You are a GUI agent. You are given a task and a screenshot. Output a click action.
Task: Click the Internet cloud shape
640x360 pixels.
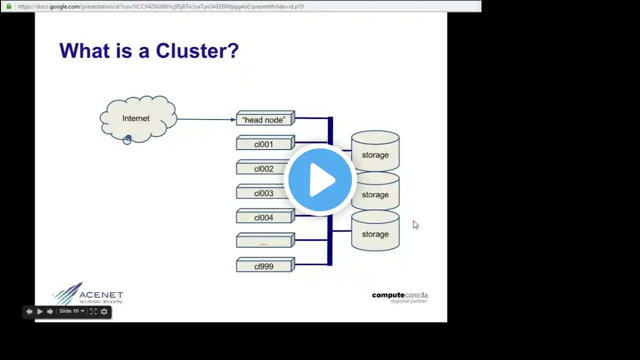click(x=137, y=119)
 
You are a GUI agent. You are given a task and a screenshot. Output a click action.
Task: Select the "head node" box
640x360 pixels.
click(x=264, y=120)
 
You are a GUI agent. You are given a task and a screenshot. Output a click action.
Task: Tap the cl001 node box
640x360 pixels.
click(x=264, y=144)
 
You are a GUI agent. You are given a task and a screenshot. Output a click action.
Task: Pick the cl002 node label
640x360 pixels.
click(x=263, y=169)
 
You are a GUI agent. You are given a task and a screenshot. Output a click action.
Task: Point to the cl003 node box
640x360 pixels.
click(x=263, y=193)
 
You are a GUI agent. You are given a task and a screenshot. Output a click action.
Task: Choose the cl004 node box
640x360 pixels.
click(x=263, y=217)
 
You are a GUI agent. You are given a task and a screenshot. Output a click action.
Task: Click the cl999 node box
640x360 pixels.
click(x=264, y=266)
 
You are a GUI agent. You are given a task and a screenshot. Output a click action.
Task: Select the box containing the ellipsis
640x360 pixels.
click(x=264, y=242)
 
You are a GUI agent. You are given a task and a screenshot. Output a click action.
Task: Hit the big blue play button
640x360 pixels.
click(x=320, y=180)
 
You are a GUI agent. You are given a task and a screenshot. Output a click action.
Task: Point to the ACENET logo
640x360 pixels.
click(x=88, y=294)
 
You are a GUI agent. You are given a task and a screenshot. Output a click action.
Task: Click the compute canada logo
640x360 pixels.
click(x=399, y=297)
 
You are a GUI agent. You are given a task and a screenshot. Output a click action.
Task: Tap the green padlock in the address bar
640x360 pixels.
click(x=8, y=6)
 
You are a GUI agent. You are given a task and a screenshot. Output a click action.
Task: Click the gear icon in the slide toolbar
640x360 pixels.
click(x=104, y=311)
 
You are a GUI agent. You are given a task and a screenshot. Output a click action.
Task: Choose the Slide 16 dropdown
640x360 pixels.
click(x=71, y=311)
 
